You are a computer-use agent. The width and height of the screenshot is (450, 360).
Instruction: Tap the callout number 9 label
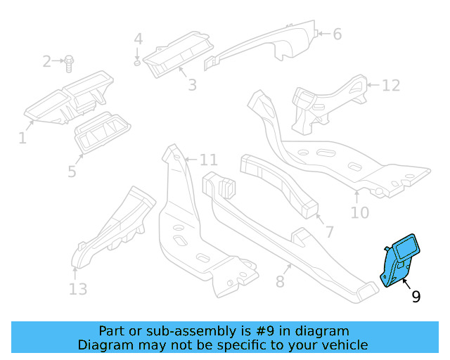(x=416, y=297)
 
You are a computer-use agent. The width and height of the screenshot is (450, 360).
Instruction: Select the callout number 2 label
(x=47, y=62)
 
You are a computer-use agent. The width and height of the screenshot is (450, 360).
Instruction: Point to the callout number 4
(x=139, y=39)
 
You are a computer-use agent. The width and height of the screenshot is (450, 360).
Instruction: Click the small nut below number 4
(x=137, y=63)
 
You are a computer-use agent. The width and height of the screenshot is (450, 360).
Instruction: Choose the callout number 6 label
(x=337, y=34)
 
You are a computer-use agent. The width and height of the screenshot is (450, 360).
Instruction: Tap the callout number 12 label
(x=390, y=86)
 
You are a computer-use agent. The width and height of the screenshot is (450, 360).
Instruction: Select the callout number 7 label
(x=328, y=232)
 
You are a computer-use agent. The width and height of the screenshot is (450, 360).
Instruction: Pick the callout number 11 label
(x=210, y=159)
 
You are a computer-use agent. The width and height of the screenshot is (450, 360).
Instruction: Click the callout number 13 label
(x=78, y=289)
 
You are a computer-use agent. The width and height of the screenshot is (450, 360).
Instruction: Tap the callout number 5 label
(x=72, y=172)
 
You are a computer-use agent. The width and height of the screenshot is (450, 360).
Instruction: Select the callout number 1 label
(x=22, y=139)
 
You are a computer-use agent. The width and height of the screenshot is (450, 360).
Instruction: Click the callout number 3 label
(x=191, y=86)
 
